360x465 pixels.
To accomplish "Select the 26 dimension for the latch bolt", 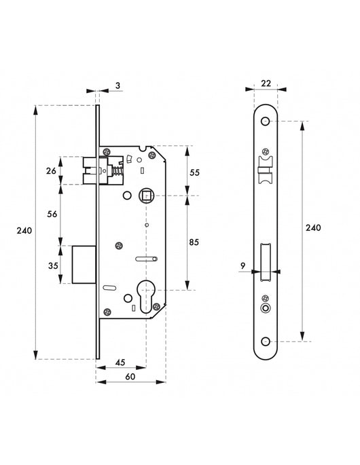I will pos(50,171).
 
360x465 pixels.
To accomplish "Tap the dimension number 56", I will pos(50,213).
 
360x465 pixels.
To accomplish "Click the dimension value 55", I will pos(194,173).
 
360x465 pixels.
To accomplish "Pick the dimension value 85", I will pos(194,240).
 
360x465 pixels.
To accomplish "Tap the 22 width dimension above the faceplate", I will pos(266,83).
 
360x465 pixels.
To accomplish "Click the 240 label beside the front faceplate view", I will pos(312,228).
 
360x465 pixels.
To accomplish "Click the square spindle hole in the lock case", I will pos(145,196).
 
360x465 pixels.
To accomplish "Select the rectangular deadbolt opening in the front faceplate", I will pos(266,263).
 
